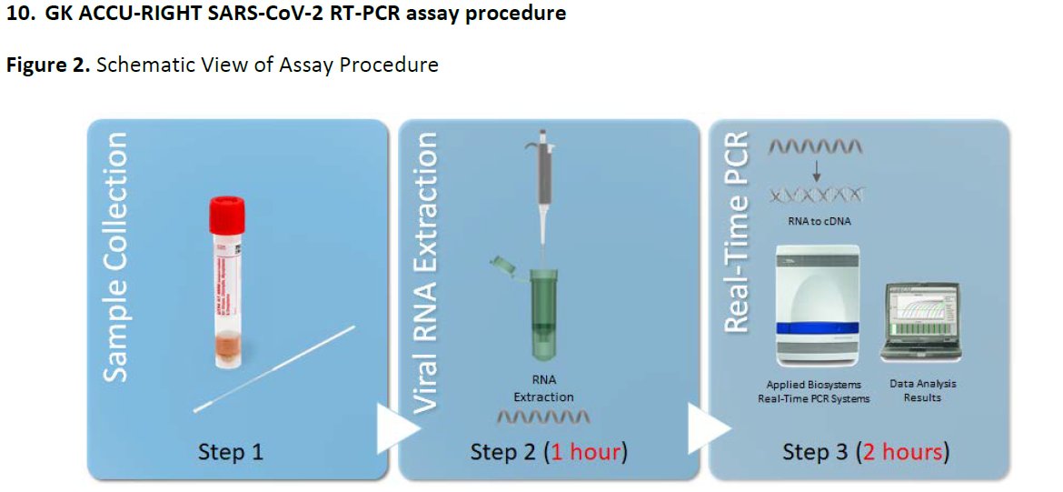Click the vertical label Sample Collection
pyautogui.click(x=115, y=257)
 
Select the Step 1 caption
pyautogui.click(x=231, y=452)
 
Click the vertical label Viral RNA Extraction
pyautogui.click(x=426, y=273)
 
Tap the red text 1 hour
pyautogui.click(x=585, y=452)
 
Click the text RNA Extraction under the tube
pyautogui.click(x=543, y=388)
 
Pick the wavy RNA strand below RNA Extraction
pyautogui.click(x=544, y=417)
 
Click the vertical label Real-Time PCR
pyautogui.click(x=736, y=231)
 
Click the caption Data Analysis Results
pyautogui.click(x=922, y=391)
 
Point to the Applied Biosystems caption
pyautogui.click(x=813, y=392)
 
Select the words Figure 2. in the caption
pyautogui.click(x=48, y=65)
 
